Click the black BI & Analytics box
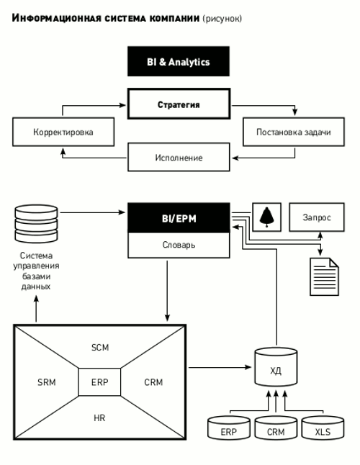tap(179, 61)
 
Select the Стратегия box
tap(179, 104)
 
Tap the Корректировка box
tap(63, 132)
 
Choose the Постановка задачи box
tap(294, 132)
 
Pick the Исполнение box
tap(179, 157)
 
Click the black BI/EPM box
tap(179, 217)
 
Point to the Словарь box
tap(179, 245)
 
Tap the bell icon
tap(266, 217)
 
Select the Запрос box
tap(317, 217)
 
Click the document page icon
tap(324, 276)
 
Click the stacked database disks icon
tap(36, 223)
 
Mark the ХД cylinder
tap(276, 367)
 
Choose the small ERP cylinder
tap(229, 428)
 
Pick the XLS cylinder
tap(323, 428)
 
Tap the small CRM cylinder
tap(276, 428)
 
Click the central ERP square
tap(99, 382)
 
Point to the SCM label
tap(100, 347)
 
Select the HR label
tap(99, 417)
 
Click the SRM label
tap(47, 382)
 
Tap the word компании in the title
tap(174, 19)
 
